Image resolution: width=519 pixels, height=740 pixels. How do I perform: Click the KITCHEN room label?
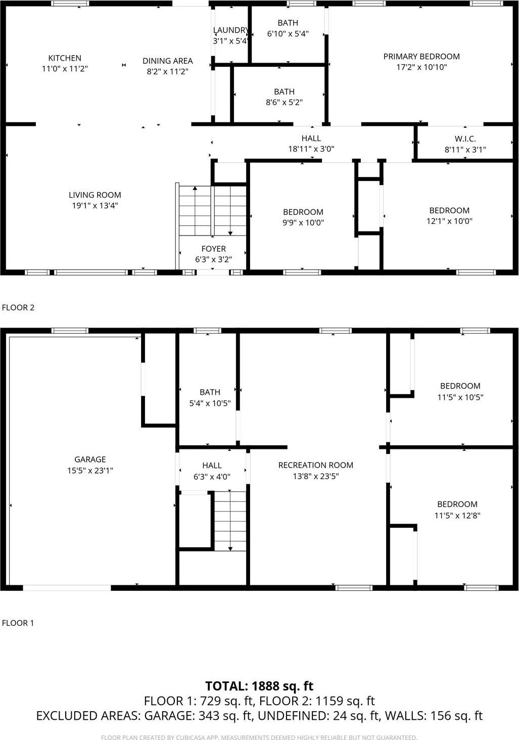click(65, 58)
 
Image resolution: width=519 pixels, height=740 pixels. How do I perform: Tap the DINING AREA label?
click(167, 61)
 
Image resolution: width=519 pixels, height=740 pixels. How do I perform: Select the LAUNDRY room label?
click(230, 30)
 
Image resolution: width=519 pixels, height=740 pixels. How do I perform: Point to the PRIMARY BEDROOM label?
click(421, 57)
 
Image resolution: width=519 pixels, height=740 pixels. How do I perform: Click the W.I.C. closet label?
click(465, 139)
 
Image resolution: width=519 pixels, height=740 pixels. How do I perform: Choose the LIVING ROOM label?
click(95, 195)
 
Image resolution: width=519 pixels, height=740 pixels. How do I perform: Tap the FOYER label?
click(213, 249)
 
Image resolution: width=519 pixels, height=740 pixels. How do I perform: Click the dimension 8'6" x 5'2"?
click(284, 103)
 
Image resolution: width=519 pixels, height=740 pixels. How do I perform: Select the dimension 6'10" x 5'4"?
click(288, 34)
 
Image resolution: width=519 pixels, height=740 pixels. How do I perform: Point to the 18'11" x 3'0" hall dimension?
click(311, 149)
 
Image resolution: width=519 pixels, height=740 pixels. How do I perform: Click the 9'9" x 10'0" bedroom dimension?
click(303, 223)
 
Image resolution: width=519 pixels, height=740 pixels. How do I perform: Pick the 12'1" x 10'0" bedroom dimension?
click(449, 221)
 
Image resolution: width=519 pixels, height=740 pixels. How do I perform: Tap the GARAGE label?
click(90, 459)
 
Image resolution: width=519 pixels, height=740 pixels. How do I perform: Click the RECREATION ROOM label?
click(315, 465)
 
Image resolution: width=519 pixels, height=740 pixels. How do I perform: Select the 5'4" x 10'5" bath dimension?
click(210, 403)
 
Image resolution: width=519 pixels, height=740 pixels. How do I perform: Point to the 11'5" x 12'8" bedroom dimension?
click(457, 516)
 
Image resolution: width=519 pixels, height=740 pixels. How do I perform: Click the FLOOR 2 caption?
click(18, 307)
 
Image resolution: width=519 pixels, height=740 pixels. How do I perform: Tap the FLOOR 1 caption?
click(18, 623)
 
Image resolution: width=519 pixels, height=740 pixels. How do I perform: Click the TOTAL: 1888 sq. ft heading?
click(259, 686)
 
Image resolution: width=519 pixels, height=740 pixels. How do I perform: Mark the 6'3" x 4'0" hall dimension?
click(212, 476)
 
